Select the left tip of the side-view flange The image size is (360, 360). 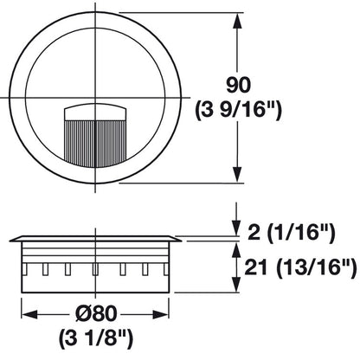[10, 238]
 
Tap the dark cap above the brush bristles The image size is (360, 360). [95, 111]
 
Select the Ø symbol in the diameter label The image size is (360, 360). [80, 313]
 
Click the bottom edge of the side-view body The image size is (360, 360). [95, 289]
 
